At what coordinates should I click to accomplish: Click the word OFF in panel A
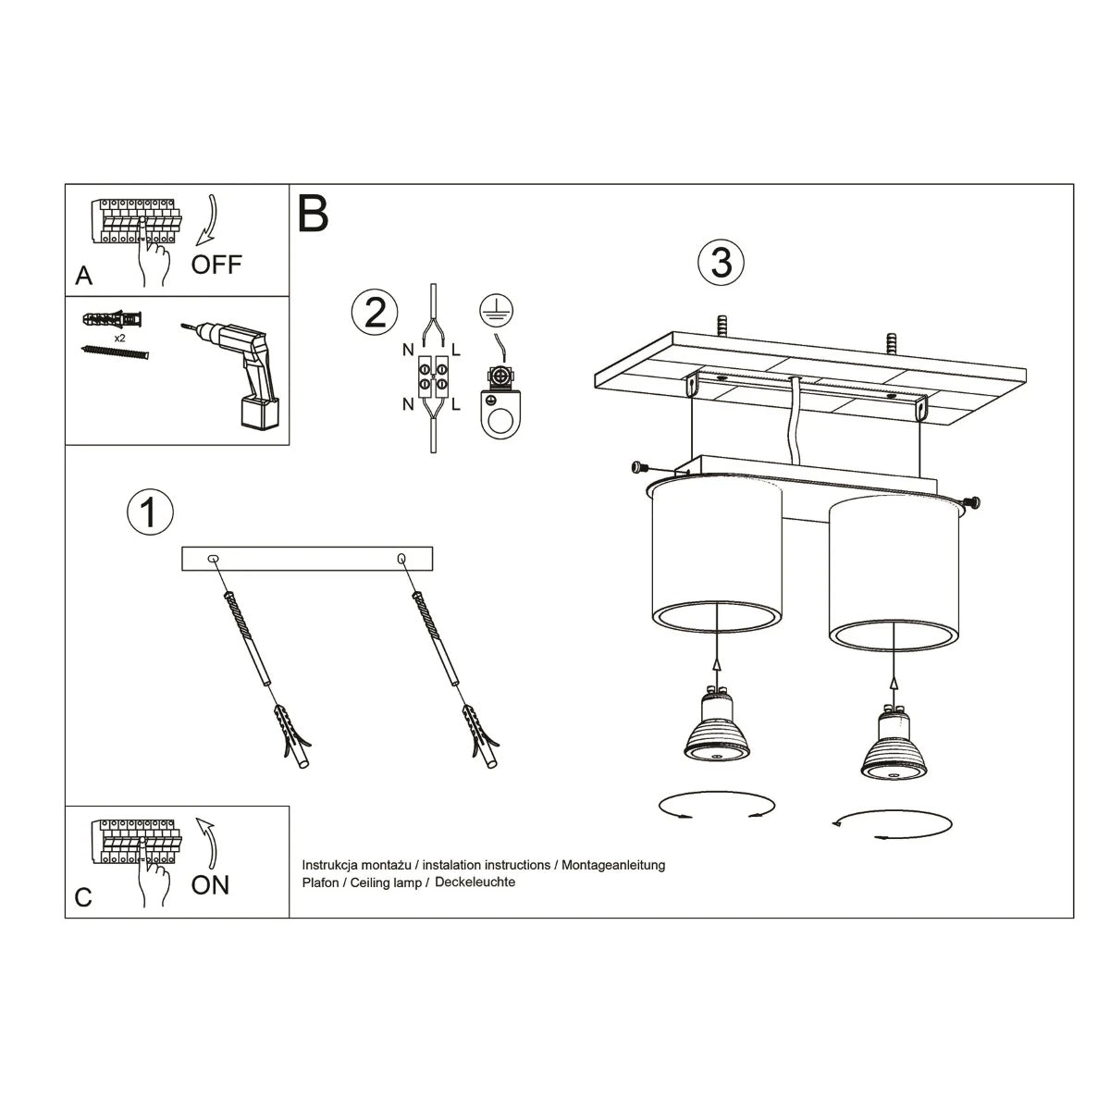click(x=216, y=265)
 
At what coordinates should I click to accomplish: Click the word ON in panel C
click(x=210, y=885)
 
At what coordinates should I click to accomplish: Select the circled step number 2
click(x=375, y=313)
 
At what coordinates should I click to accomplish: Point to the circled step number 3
click(x=721, y=263)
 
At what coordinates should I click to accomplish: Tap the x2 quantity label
click(x=119, y=339)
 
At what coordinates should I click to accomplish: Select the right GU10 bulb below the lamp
click(x=893, y=746)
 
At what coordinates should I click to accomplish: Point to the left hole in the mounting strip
click(x=214, y=558)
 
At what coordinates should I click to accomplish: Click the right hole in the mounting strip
click(x=401, y=558)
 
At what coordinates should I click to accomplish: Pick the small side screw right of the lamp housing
click(x=974, y=503)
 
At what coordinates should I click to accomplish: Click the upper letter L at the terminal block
click(x=457, y=350)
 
